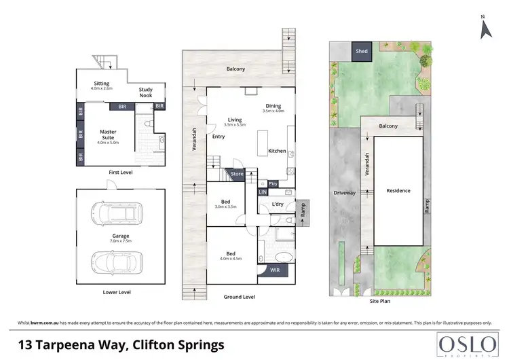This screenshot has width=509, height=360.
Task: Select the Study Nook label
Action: [x=145, y=92]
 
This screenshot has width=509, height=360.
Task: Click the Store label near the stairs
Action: [x=236, y=174]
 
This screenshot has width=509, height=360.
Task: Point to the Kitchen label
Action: [x=277, y=150]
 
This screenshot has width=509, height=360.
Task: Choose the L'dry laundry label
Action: [x=277, y=204]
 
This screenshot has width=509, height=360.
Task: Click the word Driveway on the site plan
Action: [x=344, y=193]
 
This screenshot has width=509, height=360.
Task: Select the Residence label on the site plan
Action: [x=398, y=191]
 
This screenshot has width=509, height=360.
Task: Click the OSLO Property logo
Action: [x=464, y=344]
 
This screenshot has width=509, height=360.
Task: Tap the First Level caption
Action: [x=121, y=173]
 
